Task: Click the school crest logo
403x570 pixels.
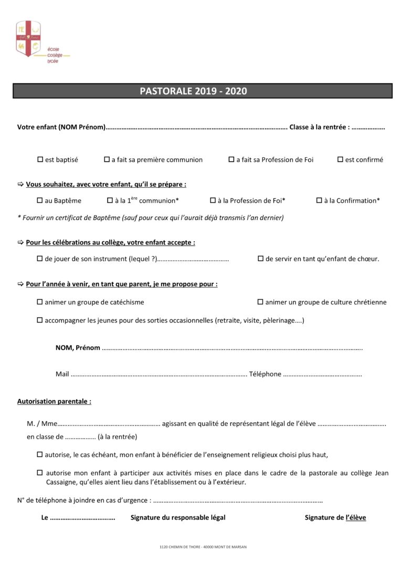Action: click(x=28, y=39)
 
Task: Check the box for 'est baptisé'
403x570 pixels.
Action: click(x=40, y=159)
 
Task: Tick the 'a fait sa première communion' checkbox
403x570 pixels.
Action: click(x=107, y=159)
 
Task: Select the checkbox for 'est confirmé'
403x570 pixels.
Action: click(x=340, y=159)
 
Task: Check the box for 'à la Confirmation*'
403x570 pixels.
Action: click(x=319, y=200)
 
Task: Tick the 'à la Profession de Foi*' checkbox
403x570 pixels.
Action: click(x=213, y=200)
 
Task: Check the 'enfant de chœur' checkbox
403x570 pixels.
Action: click(x=260, y=259)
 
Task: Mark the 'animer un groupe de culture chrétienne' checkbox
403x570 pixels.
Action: click(x=260, y=302)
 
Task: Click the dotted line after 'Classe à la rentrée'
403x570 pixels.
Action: click(x=368, y=127)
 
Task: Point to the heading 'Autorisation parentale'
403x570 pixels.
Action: click(x=54, y=401)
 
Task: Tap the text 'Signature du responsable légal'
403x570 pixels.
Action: click(x=178, y=518)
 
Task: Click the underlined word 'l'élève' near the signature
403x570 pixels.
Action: click(x=356, y=518)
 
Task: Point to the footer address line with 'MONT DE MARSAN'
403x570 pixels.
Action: click(x=203, y=546)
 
